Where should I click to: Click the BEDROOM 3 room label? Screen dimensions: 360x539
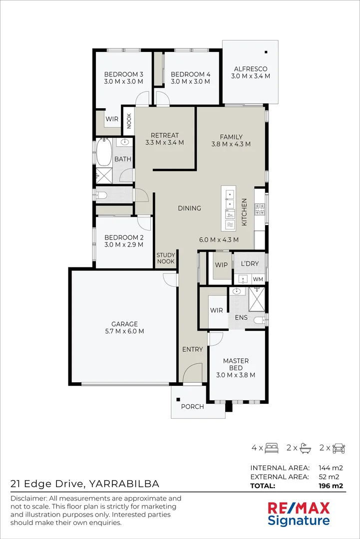click(123, 74)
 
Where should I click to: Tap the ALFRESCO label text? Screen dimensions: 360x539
click(251, 69)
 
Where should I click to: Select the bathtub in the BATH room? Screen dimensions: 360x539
click(103, 152)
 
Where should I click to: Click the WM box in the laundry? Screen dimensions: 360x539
click(258, 279)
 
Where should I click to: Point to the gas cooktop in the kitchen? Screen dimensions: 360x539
click(259, 209)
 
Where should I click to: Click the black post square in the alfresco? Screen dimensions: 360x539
click(266, 52)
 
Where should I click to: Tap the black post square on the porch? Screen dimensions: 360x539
click(178, 399)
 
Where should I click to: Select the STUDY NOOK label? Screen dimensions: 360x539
click(166, 258)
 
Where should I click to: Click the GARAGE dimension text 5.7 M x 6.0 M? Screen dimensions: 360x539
click(124, 331)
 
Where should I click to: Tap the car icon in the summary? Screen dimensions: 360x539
click(339, 448)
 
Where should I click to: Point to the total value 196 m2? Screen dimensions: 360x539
click(331, 486)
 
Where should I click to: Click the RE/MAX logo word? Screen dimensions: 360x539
click(299, 508)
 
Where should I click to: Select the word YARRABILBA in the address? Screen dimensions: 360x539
click(124, 484)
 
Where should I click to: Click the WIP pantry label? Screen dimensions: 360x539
click(221, 265)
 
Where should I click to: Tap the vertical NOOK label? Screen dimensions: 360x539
click(129, 121)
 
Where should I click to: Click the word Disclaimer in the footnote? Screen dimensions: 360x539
click(29, 499)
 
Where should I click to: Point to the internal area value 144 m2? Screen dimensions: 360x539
click(331, 468)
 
